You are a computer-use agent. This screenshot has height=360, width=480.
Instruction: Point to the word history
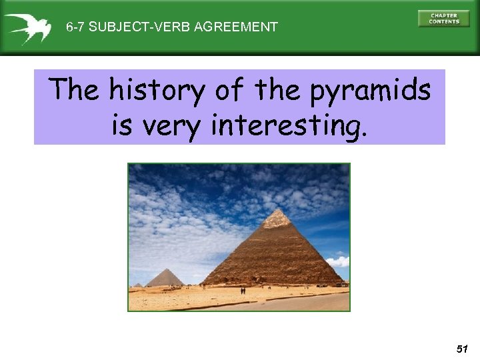tap(157, 91)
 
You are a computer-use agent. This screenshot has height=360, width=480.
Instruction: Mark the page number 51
tap(462, 349)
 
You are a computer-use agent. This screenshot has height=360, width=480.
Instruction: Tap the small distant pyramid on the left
tap(164, 277)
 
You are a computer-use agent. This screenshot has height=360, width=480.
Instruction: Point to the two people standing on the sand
tap(243, 291)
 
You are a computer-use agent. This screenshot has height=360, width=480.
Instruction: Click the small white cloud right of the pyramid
tap(339, 261)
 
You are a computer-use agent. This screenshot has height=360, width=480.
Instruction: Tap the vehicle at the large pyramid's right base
tap(341, 285)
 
